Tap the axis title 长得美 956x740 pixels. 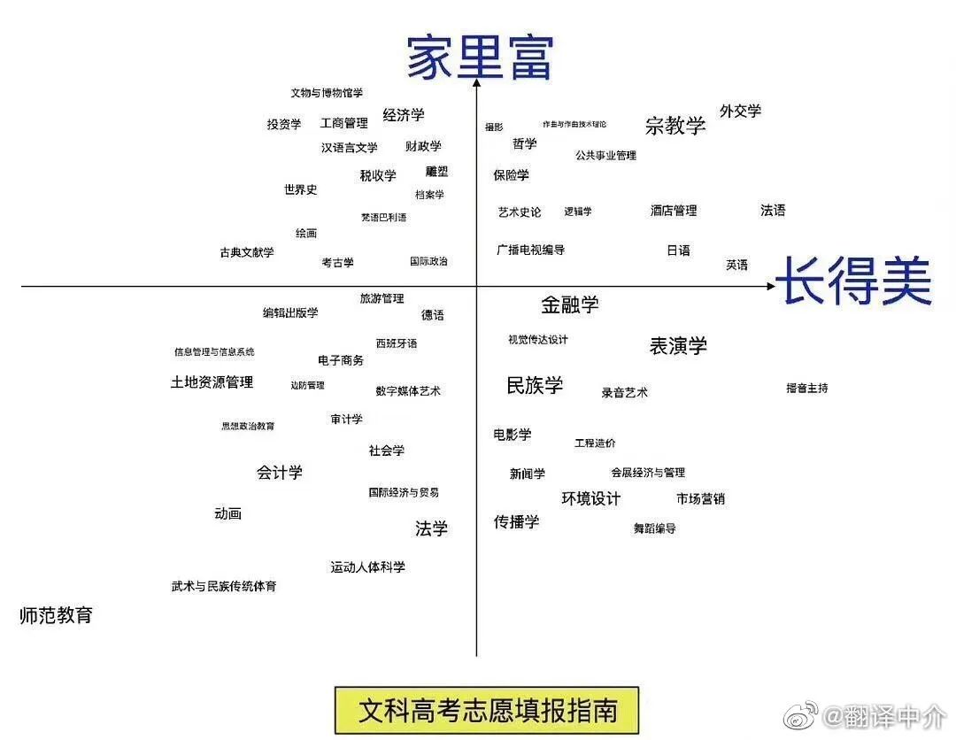coord(853,281)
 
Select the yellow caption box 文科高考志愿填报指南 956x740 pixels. coord(486,710)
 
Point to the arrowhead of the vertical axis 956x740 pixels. coord(476,83)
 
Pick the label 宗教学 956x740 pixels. coord(675,126)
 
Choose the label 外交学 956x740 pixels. coord(740,111)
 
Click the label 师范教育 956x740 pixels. coord(56,615)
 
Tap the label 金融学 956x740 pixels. coord(570,304)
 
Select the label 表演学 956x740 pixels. coord(678,346)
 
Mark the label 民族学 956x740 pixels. coord(535,385)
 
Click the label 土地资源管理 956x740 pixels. coord(212,382)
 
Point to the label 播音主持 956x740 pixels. coord(806,388)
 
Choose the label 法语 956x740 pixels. coord(773,210)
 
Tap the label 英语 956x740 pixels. coord(736,265)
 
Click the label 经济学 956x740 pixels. coord(404,115)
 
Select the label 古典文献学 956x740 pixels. coord(247,252)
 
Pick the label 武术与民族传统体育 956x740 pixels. coord(224,586)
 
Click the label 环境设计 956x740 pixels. coord(591,498)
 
